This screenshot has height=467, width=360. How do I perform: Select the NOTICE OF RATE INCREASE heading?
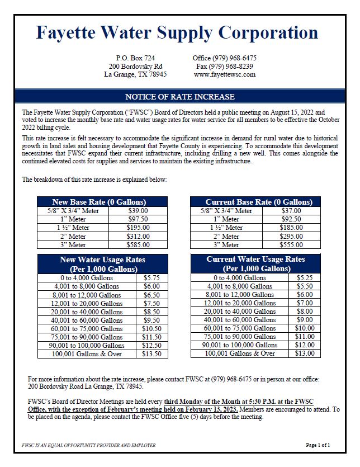tap(176, 96)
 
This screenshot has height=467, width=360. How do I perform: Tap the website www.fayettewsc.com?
tap(224, 74)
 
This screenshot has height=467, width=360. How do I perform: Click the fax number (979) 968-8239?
tap(225, 66)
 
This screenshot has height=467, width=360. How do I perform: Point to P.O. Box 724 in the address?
tap(135, 58)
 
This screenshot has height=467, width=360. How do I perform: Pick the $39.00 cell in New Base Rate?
tap(138, 211)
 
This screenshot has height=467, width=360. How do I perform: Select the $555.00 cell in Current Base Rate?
tap(290, 244)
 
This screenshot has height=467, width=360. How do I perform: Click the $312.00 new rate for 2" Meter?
tap(138, 236)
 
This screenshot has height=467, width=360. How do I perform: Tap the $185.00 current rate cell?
tap(290, 228)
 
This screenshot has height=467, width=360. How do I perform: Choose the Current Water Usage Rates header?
tap(255, 263)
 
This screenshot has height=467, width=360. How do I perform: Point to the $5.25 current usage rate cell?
tap(302, 278)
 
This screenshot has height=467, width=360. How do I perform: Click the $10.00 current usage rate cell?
tap(302, 328)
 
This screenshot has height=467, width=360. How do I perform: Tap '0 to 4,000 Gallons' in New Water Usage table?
tap(87, 278)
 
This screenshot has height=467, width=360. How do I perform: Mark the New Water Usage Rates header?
tap(102, 263)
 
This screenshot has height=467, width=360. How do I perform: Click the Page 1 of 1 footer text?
tap(318, 445)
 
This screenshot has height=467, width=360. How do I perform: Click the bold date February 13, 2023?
tap(212, 409)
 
